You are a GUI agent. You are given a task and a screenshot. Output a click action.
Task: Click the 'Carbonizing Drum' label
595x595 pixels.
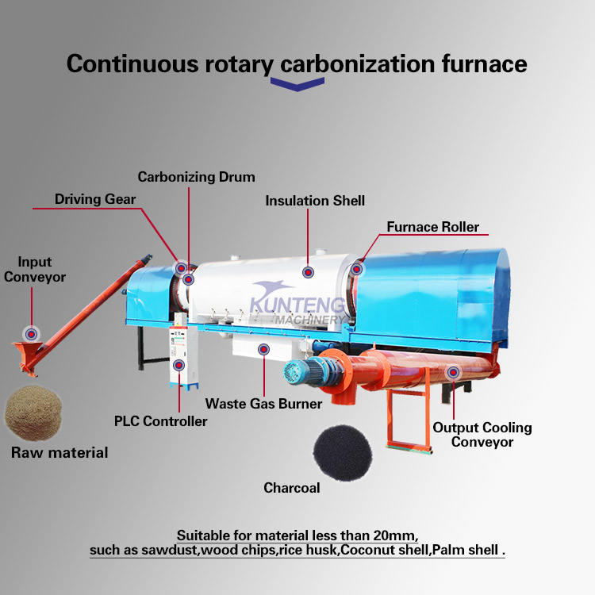coord(196,176)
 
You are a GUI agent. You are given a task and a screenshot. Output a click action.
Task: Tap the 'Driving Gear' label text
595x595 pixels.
coord(95,198)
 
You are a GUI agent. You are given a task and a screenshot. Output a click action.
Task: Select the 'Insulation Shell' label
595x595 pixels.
coord(315,201)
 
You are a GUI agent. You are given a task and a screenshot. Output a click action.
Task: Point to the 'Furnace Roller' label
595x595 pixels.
coord(432,227)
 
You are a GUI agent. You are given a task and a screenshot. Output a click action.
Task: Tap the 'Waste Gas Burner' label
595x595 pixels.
coord(263,404)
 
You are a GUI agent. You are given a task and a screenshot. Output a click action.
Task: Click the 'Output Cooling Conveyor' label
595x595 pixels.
coord(482,435)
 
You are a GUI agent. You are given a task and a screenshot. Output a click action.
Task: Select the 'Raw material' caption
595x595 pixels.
coord(59,453)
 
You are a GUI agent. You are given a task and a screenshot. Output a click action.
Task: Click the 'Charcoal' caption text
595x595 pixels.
coord(291,488)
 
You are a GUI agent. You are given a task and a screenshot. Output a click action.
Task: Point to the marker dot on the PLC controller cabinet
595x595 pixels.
coord(178,365)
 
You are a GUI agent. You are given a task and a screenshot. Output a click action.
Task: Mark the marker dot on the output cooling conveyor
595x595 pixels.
coord(452,371)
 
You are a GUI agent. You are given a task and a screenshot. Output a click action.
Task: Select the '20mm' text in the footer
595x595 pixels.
coord(395,533)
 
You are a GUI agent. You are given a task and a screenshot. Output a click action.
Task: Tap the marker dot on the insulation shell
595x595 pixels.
coord(308,271)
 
